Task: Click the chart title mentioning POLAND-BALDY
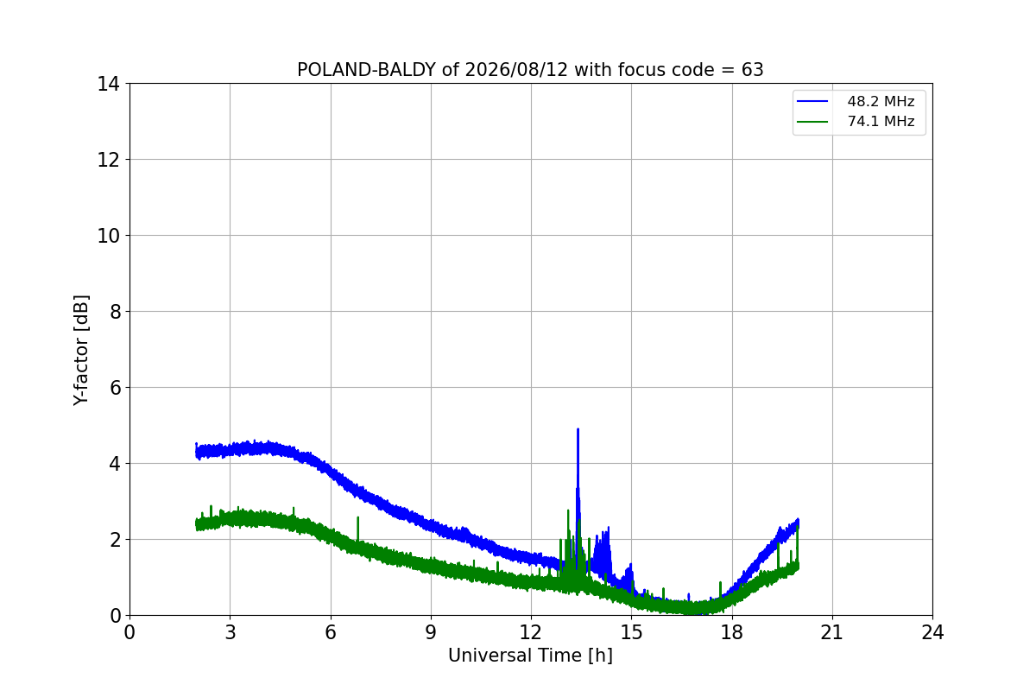pyautogui.click(x=530, y=70)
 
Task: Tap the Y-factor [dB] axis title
pyautogui.click(x=81, y=351)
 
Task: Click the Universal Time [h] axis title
pyautogui.click(x=530, y=656)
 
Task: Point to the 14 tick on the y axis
pyautogui.click(x=108, y=84)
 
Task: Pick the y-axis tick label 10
pyautogui.click(x=108, y=236)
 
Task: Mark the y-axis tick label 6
pyautogui.click(x=115, y=388)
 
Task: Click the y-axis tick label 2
pyautogui.click(x=115, y=540)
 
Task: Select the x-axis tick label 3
pyautogui.click(x=231, y=632)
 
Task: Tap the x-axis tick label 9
pyautogui.click(x=431, y=632)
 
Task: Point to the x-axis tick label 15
pyautogui.click(x=632, y=632)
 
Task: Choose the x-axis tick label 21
pyautogui.click(x=832, y=632)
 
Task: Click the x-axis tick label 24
pyautogui.click(x=933, y=632)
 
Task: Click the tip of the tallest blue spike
pyautogui.click(x=578, y=429)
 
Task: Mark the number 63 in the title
pyautogui.click(x=753, y=70)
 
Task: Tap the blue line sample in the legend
pyautogui.click(x=812, y=101)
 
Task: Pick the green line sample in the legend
pyautogui.click(x=812, y=122)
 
